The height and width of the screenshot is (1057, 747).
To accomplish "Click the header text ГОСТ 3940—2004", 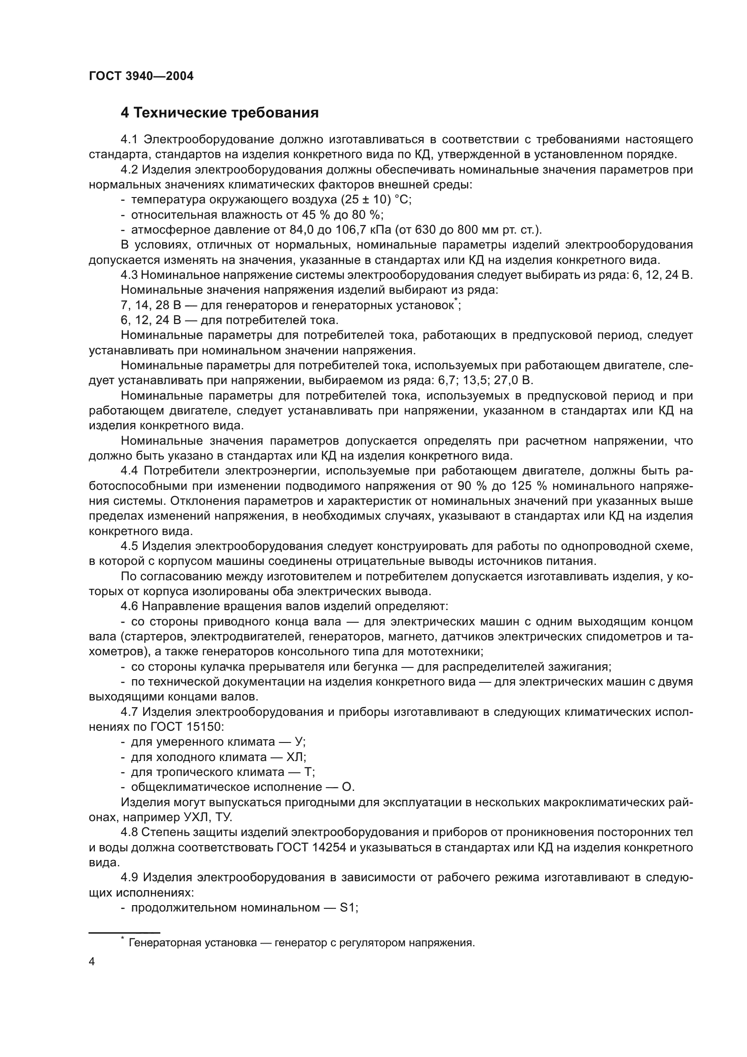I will click(141, 76).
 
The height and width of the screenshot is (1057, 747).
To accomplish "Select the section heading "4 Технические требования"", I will click(219, 113).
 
